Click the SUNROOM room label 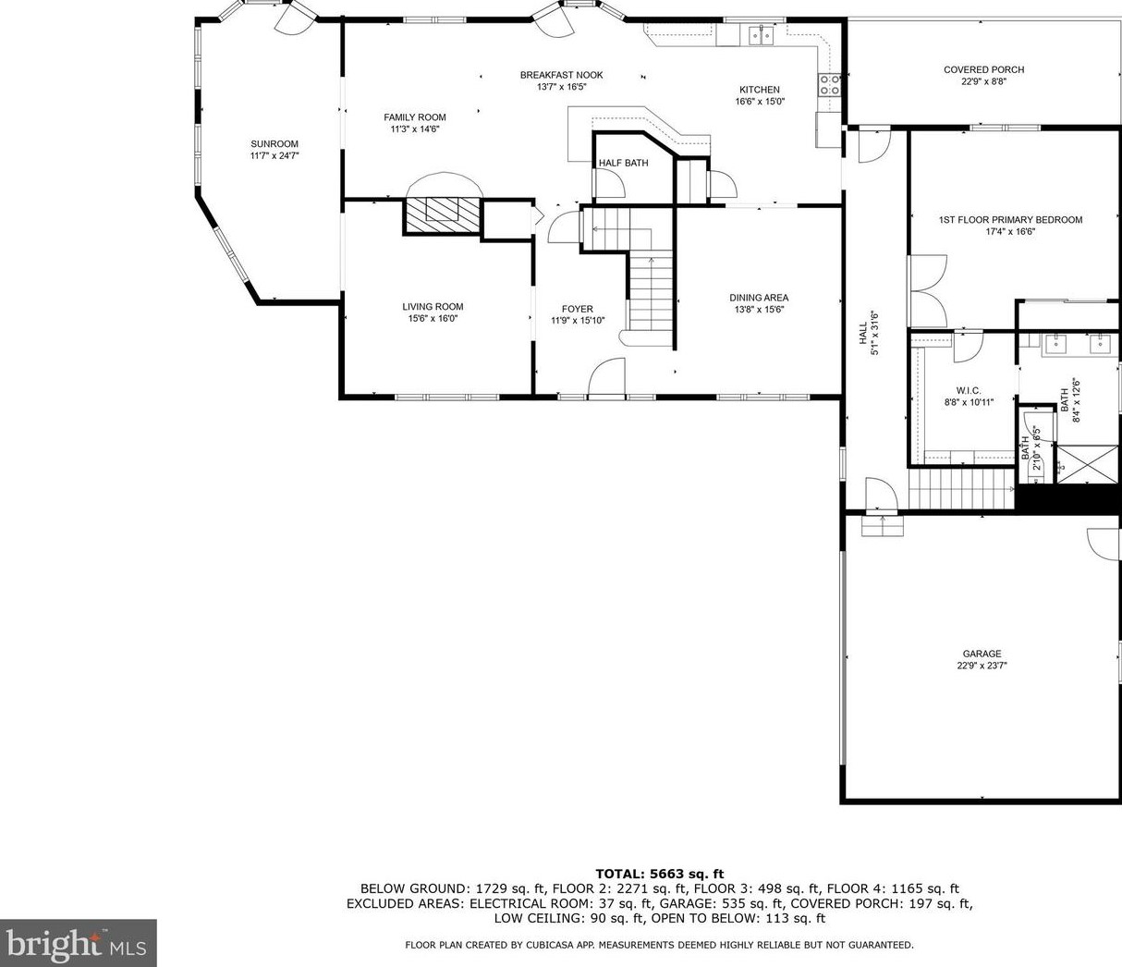(274, 143)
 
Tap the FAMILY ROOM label (415, 117)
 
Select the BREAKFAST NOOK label (561, 75)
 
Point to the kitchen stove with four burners (830, 85)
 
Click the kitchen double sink (761, 35)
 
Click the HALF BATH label (623, 163)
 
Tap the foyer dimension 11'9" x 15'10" (578, 321)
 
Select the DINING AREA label (759, 298)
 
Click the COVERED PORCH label (983, 69)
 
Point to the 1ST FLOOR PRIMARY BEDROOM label (1010, 220)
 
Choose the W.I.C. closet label (969, 390)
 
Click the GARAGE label (982, 654)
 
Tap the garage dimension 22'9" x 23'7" (982, 665)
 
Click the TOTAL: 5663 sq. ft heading (659, 874)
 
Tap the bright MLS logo (78, 944)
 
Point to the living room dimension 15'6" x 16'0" (433, 318)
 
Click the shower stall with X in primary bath (1088, 463)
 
